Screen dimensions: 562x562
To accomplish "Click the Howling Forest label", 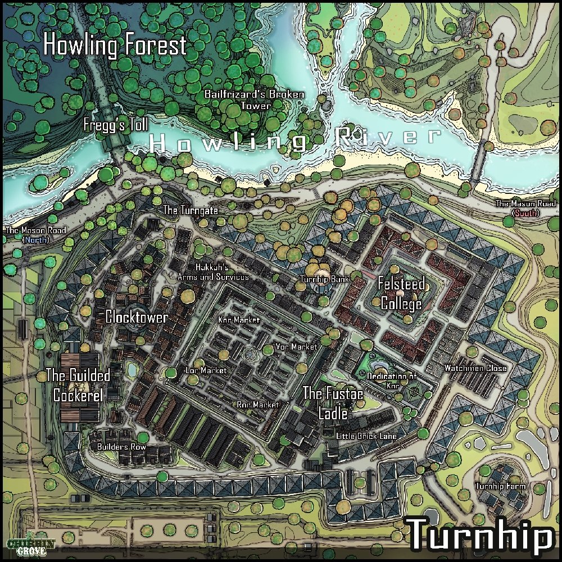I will [x=115, y=46].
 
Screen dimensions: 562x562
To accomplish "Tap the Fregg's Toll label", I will [x=116, y=125].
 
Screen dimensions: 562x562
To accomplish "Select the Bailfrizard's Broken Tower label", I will [x=254, y=99].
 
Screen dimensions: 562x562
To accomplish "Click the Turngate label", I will [x=190, y=210].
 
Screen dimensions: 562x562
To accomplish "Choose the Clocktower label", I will [x=137, y=318].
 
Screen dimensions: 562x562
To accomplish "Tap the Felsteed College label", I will [x=401, y=293].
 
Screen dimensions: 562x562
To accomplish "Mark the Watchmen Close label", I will [x=475, y=368].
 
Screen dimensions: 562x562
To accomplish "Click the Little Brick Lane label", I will [x=366, y=436].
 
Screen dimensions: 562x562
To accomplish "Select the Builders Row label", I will [x=121, y=447].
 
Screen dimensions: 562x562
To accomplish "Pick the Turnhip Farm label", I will [x=500, y=486].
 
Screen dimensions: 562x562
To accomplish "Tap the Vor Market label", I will [x=297, y=347].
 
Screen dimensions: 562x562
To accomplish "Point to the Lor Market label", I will [x=206, y=370].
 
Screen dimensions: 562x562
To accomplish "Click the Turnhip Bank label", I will [x=325, y=279].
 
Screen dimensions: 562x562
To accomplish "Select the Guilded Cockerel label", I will [x=78, y=385].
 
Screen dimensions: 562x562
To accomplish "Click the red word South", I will [x=525, y=214].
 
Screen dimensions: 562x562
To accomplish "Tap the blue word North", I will [x=35, y=240].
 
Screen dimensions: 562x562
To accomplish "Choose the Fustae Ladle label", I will [x=333, y=403].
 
